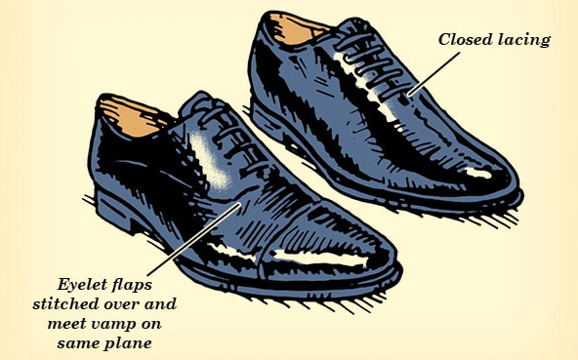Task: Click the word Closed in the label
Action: pos(464,40)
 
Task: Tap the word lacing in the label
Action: pos(524,41)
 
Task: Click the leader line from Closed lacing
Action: pos(435,72)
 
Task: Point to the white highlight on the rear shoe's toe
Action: pos(478,174)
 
